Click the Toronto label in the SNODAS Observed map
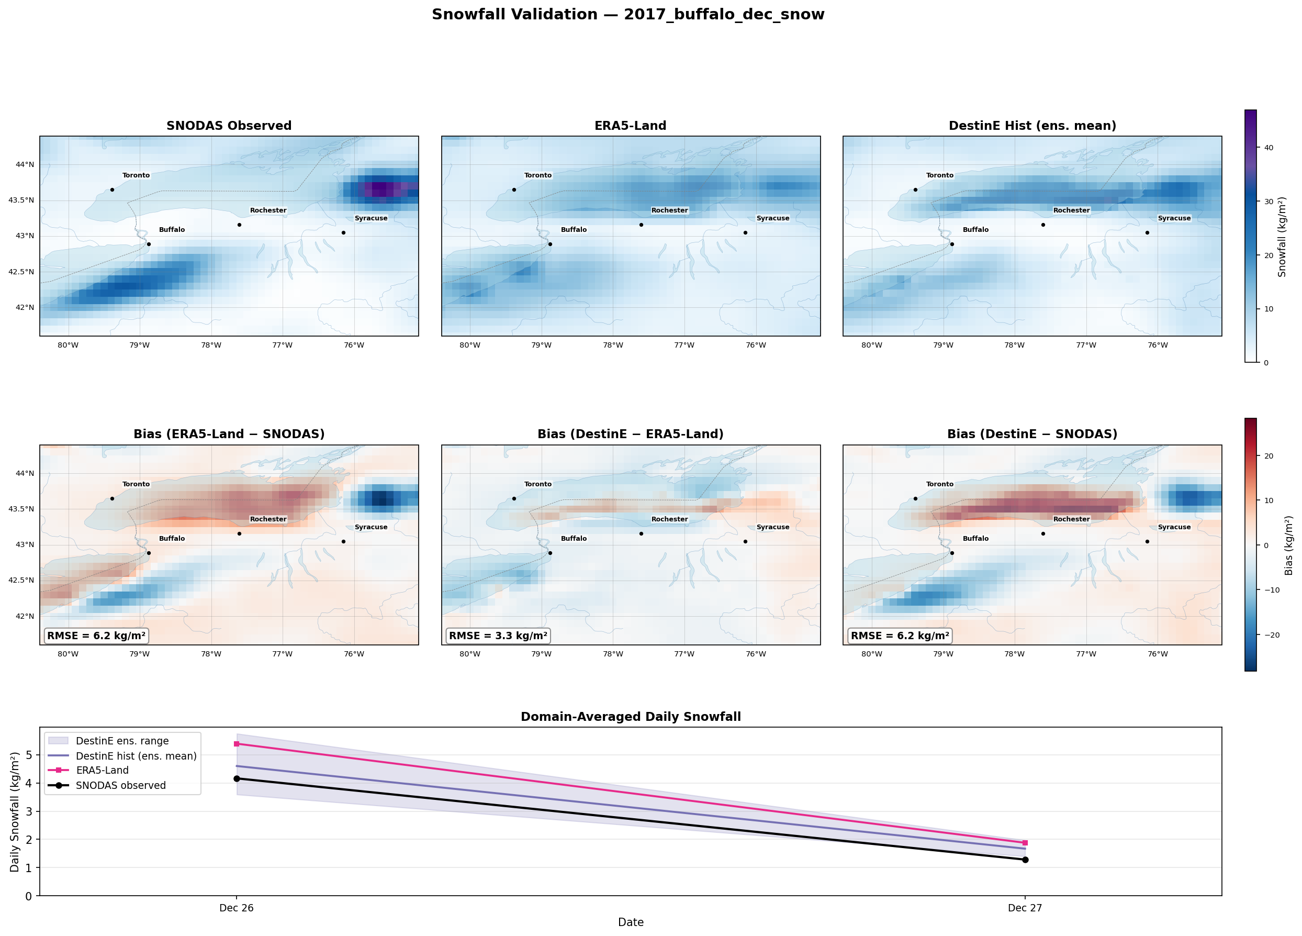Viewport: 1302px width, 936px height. tap(136, 175)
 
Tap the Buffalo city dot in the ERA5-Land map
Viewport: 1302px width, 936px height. tap(550, 244)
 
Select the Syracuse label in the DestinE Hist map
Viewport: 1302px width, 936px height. tap(1174, 218)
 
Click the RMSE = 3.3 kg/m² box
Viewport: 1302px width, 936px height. tap(498, 636)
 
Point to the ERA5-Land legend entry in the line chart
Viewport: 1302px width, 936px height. tap(102, 770)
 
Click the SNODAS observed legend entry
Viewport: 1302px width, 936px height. tap(120, 785)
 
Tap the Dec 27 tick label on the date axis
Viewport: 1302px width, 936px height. tap(1025, 908)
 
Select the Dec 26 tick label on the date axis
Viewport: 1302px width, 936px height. tap(237, 908)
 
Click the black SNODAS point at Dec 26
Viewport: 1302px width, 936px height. tap(237, 778)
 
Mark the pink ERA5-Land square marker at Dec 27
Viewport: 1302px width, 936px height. tap(1025, 843)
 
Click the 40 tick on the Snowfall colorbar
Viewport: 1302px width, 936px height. tap(1269, 148)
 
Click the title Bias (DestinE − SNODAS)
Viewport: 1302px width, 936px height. tap(1032, 434)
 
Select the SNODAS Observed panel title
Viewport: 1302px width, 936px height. tap(229, 126)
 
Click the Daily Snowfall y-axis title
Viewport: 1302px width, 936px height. tap(15, 811)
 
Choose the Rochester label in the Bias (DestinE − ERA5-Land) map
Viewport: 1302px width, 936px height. tap(669, 519)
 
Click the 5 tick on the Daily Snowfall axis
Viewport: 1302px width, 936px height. tap(29, 755)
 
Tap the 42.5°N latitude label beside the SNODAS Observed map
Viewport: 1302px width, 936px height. tap(21, 272)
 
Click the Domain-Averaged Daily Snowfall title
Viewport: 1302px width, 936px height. tap(631, 717)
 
